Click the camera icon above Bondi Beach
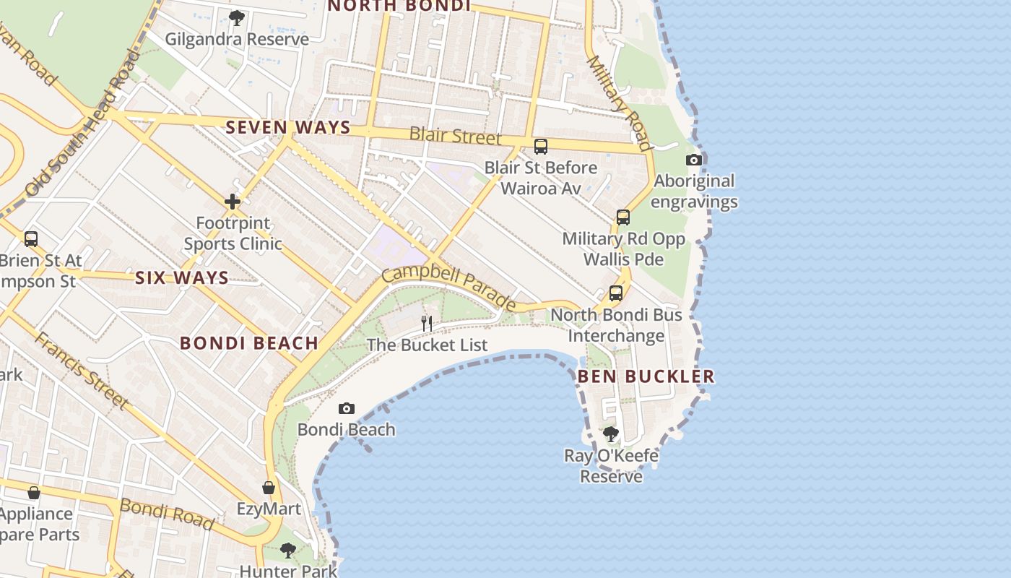pyautogui.click(x=347, y=409)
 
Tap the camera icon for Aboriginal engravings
pyautogui.click(x=694, y=160)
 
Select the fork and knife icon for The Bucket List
pyautogui.click(x=427, y=322)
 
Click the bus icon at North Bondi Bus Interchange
pyautogui.click(x=616, y=293)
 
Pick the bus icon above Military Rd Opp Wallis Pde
pyautogui.click(x=622, y=217)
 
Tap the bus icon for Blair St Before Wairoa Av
pyautogui.click(x=541, y=147)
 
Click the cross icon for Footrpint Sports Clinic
pyautogui.click(x=233, y=201)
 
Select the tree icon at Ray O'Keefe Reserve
pyautogui.click(x=611, y=433)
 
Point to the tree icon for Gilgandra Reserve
pyautogui.click(x=236, y=17)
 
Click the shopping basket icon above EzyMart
pyautogui.click(x=269, y=488)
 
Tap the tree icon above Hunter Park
pyautogui.click(x=288, y=551)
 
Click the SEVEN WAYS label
pyautogui.click(x=288, y=128)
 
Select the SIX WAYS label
pyautogui.click(x=182, y=277)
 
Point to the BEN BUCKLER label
pyautogui.click(x=646, y=376)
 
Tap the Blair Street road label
pyautogui.click(x=455, y=135)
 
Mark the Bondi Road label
pyautogui.click(x=167, y=514)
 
